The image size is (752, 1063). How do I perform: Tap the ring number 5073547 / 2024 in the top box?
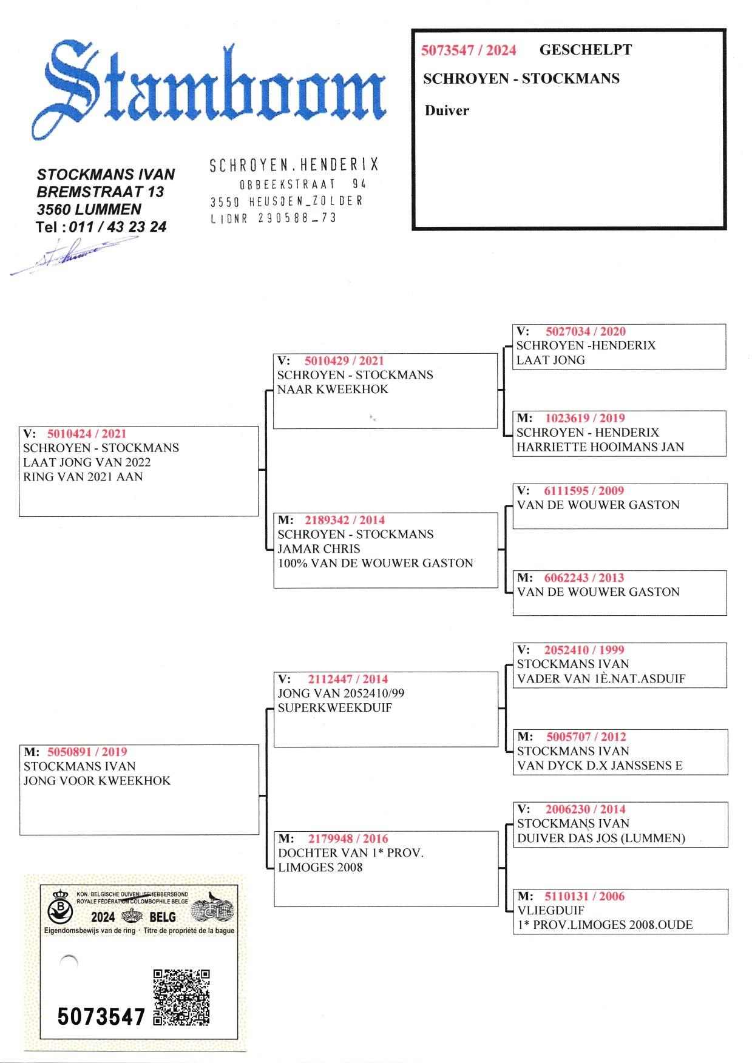[x=469, y=50]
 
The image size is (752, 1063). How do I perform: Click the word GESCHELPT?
[x=585, y=50]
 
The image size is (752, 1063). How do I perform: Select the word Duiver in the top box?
[x=447, y=110]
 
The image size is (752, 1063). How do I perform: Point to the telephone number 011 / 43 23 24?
[x=118, y=227]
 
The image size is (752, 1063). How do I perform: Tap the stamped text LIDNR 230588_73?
[x=273, y=218]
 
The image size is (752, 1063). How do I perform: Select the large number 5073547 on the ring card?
[x=101, y=1016]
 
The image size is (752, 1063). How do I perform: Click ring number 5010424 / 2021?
[x=87, y=434]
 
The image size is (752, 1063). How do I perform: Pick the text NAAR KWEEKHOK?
[x=333, y=390]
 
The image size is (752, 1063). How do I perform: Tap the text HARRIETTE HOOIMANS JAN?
[x=600, y=447]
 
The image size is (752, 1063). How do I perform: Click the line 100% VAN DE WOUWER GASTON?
[x=375, y=563]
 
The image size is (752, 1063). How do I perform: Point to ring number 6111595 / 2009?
[x=584, y=491]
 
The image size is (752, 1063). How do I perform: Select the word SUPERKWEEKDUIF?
[x=335, y=708]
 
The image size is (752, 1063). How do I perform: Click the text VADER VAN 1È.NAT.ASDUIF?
[x=601, y=679]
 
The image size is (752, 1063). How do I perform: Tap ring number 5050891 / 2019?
[x=87, y=752]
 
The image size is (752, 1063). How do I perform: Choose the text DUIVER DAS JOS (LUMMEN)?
[x=601, y=839]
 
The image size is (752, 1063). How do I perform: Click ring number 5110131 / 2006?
[x=584, y=897]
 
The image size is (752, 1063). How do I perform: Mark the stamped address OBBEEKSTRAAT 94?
[x=303, y=183]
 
